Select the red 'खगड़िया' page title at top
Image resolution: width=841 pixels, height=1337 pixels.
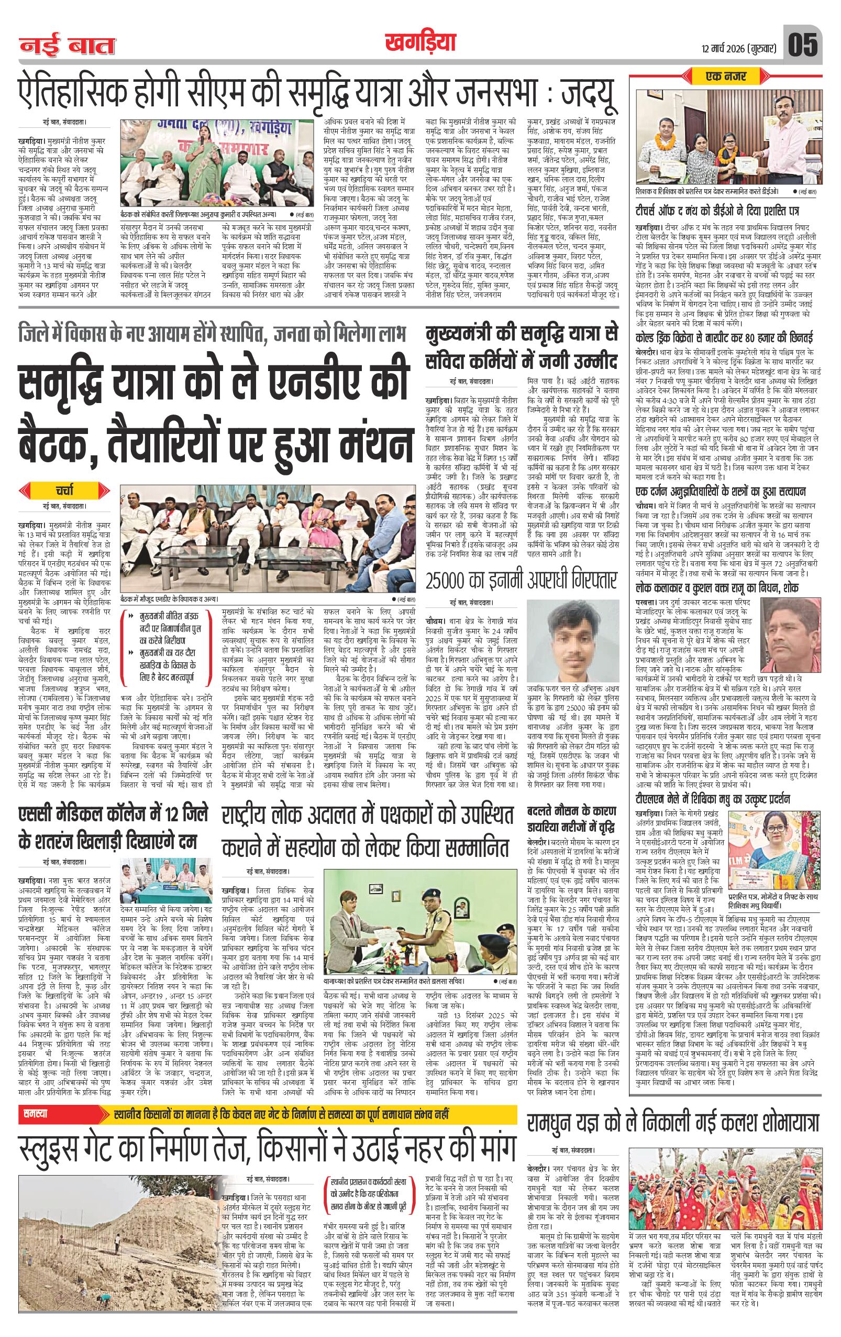(419, 41)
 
